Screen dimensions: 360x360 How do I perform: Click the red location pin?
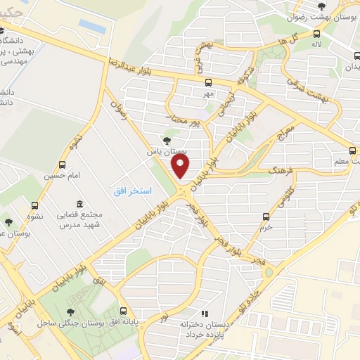181,166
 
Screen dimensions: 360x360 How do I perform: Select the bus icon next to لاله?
316,34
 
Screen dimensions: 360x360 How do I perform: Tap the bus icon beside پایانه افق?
124,310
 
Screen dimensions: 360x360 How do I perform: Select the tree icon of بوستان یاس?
167,141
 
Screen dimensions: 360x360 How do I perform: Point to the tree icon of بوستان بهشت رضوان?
322,7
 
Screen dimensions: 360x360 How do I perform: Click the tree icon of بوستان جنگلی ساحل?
70,311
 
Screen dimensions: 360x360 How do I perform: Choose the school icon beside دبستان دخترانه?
204,314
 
